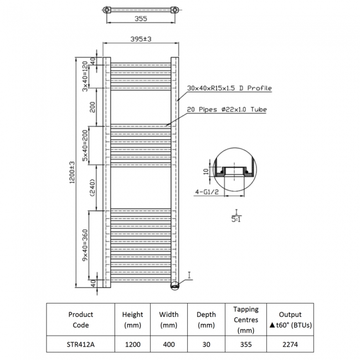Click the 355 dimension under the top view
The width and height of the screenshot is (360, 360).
(140, 19)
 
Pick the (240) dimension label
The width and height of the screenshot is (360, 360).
(92, 187)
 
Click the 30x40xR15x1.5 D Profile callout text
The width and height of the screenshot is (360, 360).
(229, 88)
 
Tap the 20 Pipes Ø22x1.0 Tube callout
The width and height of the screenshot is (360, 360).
(227, 110)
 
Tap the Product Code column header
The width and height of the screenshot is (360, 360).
(80, 320)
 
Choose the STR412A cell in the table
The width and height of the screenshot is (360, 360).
(80, 344)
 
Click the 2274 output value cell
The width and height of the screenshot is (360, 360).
(290, 344)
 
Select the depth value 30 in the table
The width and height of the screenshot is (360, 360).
(206, 344)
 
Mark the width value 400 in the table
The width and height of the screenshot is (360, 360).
(169, 344)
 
